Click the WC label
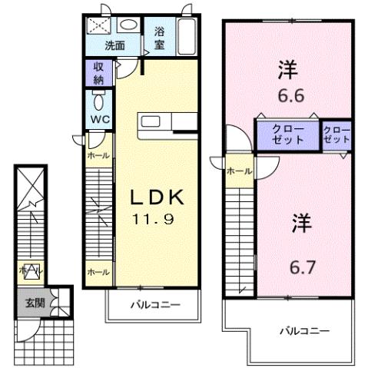tap(98, 121)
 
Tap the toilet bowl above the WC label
tap(98, 101)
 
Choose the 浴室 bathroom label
tap(160, 38)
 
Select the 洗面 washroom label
tap(115, 45)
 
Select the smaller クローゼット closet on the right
tap(337, 135)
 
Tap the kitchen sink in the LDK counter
tap(148, 121)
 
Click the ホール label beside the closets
tap(239, 171)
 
